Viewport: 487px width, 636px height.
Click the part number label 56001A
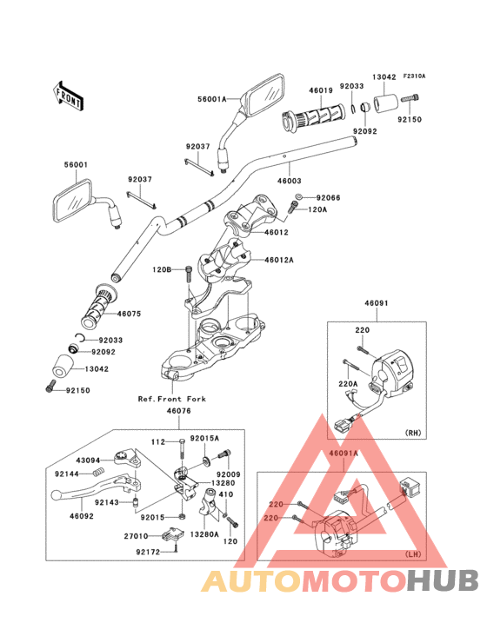(x=210, y=100)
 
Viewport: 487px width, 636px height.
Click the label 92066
(x=329, y=198)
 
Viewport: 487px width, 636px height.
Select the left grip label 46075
(x=130, y=313)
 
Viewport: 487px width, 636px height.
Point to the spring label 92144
(x=67, y=474)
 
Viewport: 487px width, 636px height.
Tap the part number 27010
(x=149, y=538)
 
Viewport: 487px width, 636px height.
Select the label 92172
(x=149, y=551)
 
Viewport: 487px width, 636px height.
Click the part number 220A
(x=348, y=383)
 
